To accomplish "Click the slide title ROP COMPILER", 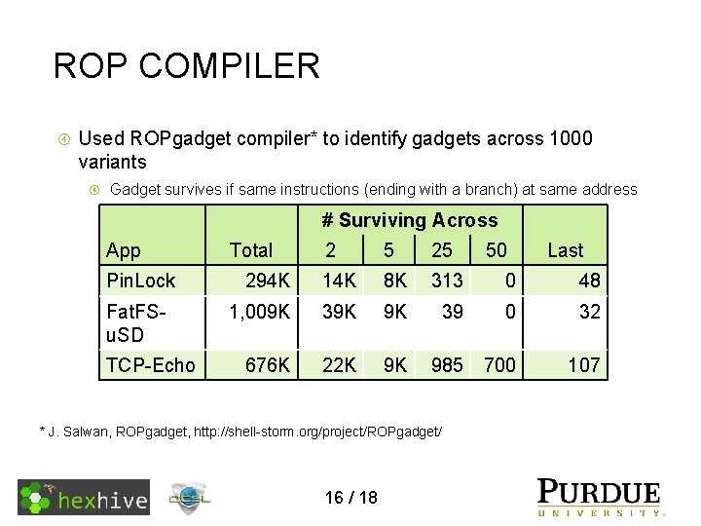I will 186,66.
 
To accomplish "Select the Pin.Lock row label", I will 140,282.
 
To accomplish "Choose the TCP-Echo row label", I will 150,365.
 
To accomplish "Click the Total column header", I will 251,250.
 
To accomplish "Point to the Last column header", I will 565,250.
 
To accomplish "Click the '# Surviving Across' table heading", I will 409,221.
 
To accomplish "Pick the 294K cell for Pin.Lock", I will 267,282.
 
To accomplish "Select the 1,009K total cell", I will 258,313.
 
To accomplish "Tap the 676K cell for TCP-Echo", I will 267,365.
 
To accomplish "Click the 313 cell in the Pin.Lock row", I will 447,282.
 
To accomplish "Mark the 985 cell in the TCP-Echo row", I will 447,365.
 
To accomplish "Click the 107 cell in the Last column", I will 583,365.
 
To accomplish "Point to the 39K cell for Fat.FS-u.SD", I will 339,313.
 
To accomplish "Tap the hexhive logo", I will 84,498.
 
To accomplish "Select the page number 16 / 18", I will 350,498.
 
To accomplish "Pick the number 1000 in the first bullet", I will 569,139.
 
